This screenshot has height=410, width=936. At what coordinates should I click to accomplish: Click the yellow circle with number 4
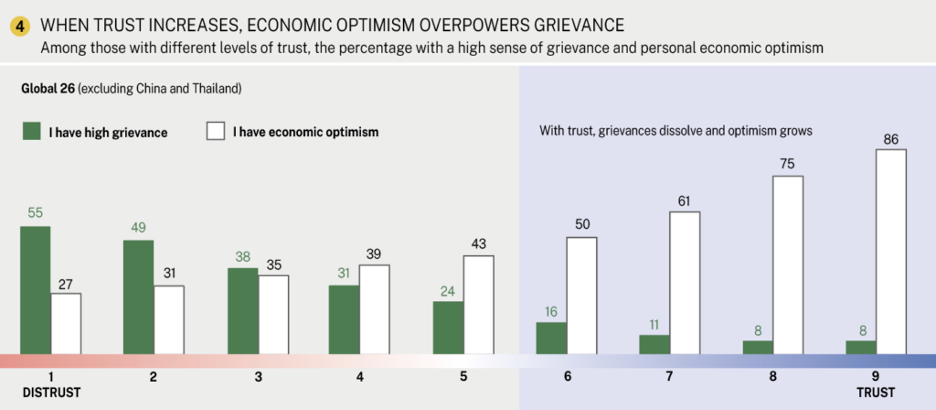18,26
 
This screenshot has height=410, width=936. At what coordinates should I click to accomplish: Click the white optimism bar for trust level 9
891,251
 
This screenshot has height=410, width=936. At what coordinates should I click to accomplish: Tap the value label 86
890,139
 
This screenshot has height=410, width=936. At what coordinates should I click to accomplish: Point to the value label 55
36,212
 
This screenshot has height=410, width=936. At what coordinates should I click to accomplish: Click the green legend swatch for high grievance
32,132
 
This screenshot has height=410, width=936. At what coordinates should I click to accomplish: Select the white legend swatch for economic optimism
215,132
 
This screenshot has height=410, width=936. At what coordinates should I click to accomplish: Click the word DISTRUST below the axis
51,393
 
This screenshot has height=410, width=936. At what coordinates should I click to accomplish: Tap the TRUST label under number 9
875,393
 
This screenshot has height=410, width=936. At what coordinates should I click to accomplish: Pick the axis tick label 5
463,376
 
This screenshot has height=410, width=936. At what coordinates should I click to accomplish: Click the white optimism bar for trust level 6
581,295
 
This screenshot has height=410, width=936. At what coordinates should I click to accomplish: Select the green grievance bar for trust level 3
242,310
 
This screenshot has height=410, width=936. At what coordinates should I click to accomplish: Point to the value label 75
788,165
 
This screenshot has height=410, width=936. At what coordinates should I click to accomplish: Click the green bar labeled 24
448,327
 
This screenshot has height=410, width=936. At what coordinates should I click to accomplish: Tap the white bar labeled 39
375,308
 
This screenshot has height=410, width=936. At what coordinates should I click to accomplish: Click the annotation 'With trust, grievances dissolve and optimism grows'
676,131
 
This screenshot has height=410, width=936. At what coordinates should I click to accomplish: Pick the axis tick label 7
670,376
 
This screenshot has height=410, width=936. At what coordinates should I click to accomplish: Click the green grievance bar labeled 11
654,343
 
